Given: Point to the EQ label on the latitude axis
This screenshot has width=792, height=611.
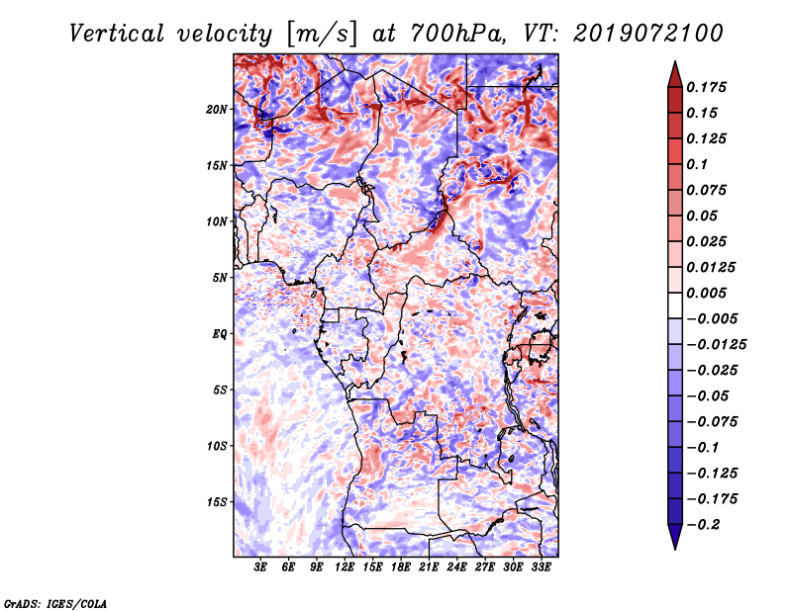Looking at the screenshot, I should tap(219, 334).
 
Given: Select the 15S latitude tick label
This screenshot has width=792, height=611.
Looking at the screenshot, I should tap(217, 502).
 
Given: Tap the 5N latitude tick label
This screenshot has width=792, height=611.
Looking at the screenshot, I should tap(219, 278).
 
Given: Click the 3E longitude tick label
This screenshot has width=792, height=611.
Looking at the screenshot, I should tap(261, 567).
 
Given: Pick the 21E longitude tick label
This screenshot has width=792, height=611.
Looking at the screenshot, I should tap(429, 567).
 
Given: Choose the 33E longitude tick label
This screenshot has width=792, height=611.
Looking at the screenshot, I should tap(541, 567).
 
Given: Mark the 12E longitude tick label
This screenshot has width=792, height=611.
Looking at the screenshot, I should tap(346, 567).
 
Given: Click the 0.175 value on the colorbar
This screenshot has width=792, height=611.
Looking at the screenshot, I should tap(709, 88).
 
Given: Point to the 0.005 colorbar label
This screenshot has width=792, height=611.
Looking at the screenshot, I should tap(709, 294).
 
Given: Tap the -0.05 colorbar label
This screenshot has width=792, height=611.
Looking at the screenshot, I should tap(709, 396).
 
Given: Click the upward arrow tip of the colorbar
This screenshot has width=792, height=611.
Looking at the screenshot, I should tap(674, 64).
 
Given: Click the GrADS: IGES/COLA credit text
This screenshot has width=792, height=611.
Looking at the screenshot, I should tap(55, 602).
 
